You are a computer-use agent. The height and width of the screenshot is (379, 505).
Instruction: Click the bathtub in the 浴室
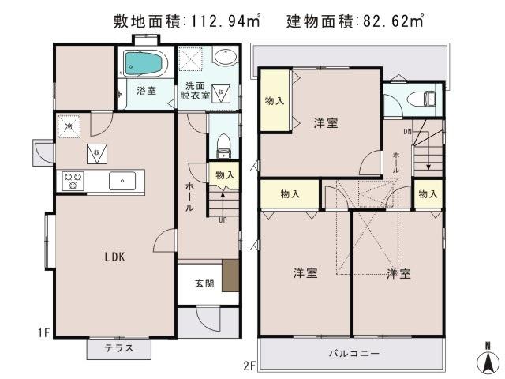click(144, 63)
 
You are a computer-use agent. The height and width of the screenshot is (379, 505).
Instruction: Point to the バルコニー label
click(354, 354)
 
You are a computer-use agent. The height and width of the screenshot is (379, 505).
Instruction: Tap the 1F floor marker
click(43, 333)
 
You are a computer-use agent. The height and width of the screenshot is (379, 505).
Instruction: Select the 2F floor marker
click(249, 366)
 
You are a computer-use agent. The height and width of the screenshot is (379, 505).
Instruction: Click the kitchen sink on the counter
click(122, 181)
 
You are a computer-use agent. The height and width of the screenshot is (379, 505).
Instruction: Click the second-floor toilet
click(425, 99)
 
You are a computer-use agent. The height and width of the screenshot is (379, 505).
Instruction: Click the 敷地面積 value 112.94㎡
click(225, 21)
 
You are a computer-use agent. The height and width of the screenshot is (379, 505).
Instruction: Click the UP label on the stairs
click(223, 220)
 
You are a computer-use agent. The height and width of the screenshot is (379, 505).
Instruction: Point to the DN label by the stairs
click(407, 131)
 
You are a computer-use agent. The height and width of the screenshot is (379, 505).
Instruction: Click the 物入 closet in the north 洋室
click(275, 100)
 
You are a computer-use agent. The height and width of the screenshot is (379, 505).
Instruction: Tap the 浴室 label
click(146, 91)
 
